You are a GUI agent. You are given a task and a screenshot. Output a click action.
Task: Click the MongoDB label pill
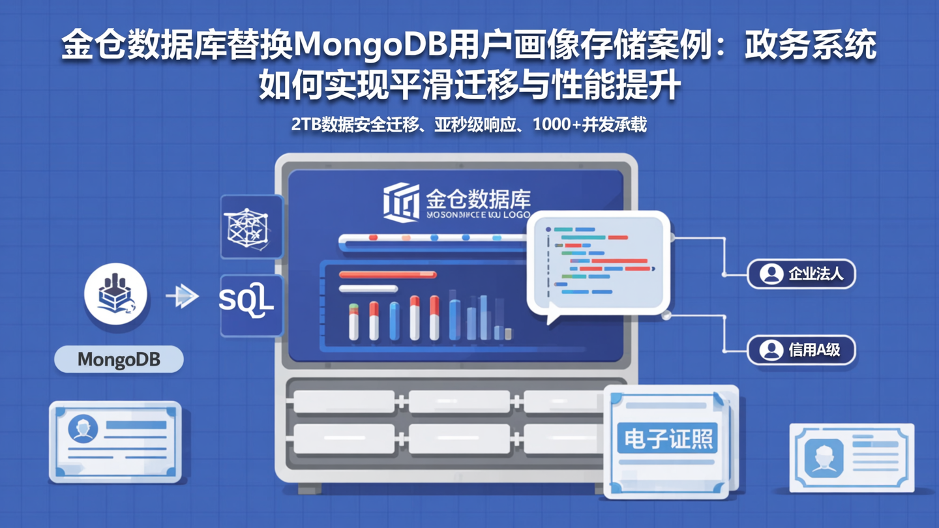pos(119,359)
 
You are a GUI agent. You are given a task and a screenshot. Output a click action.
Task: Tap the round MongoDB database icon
pos(115,294)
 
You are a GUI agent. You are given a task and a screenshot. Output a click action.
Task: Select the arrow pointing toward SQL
pos(182,297)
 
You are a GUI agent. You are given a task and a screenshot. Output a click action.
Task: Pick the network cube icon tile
pos(250,226)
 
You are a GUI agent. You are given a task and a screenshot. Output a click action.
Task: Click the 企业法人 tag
pos(801,274)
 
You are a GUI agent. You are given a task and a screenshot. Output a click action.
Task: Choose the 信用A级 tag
pos(801,350)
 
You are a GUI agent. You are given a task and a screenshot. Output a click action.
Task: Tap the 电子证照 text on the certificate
pos(668,438)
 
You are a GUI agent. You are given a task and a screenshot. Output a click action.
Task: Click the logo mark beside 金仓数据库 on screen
pos(400,201)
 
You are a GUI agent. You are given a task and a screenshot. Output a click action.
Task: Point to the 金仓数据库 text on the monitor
pos(478,198)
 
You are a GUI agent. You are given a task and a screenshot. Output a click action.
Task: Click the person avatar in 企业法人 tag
pos(771,274)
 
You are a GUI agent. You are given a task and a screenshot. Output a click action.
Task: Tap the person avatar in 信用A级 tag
pos(771,350)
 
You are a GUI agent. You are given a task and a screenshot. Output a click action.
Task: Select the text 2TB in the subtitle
pos(306,125)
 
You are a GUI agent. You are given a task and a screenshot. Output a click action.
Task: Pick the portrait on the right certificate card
pos(824,456)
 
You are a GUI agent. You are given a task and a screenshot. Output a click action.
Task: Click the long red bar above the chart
pos(387,275)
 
